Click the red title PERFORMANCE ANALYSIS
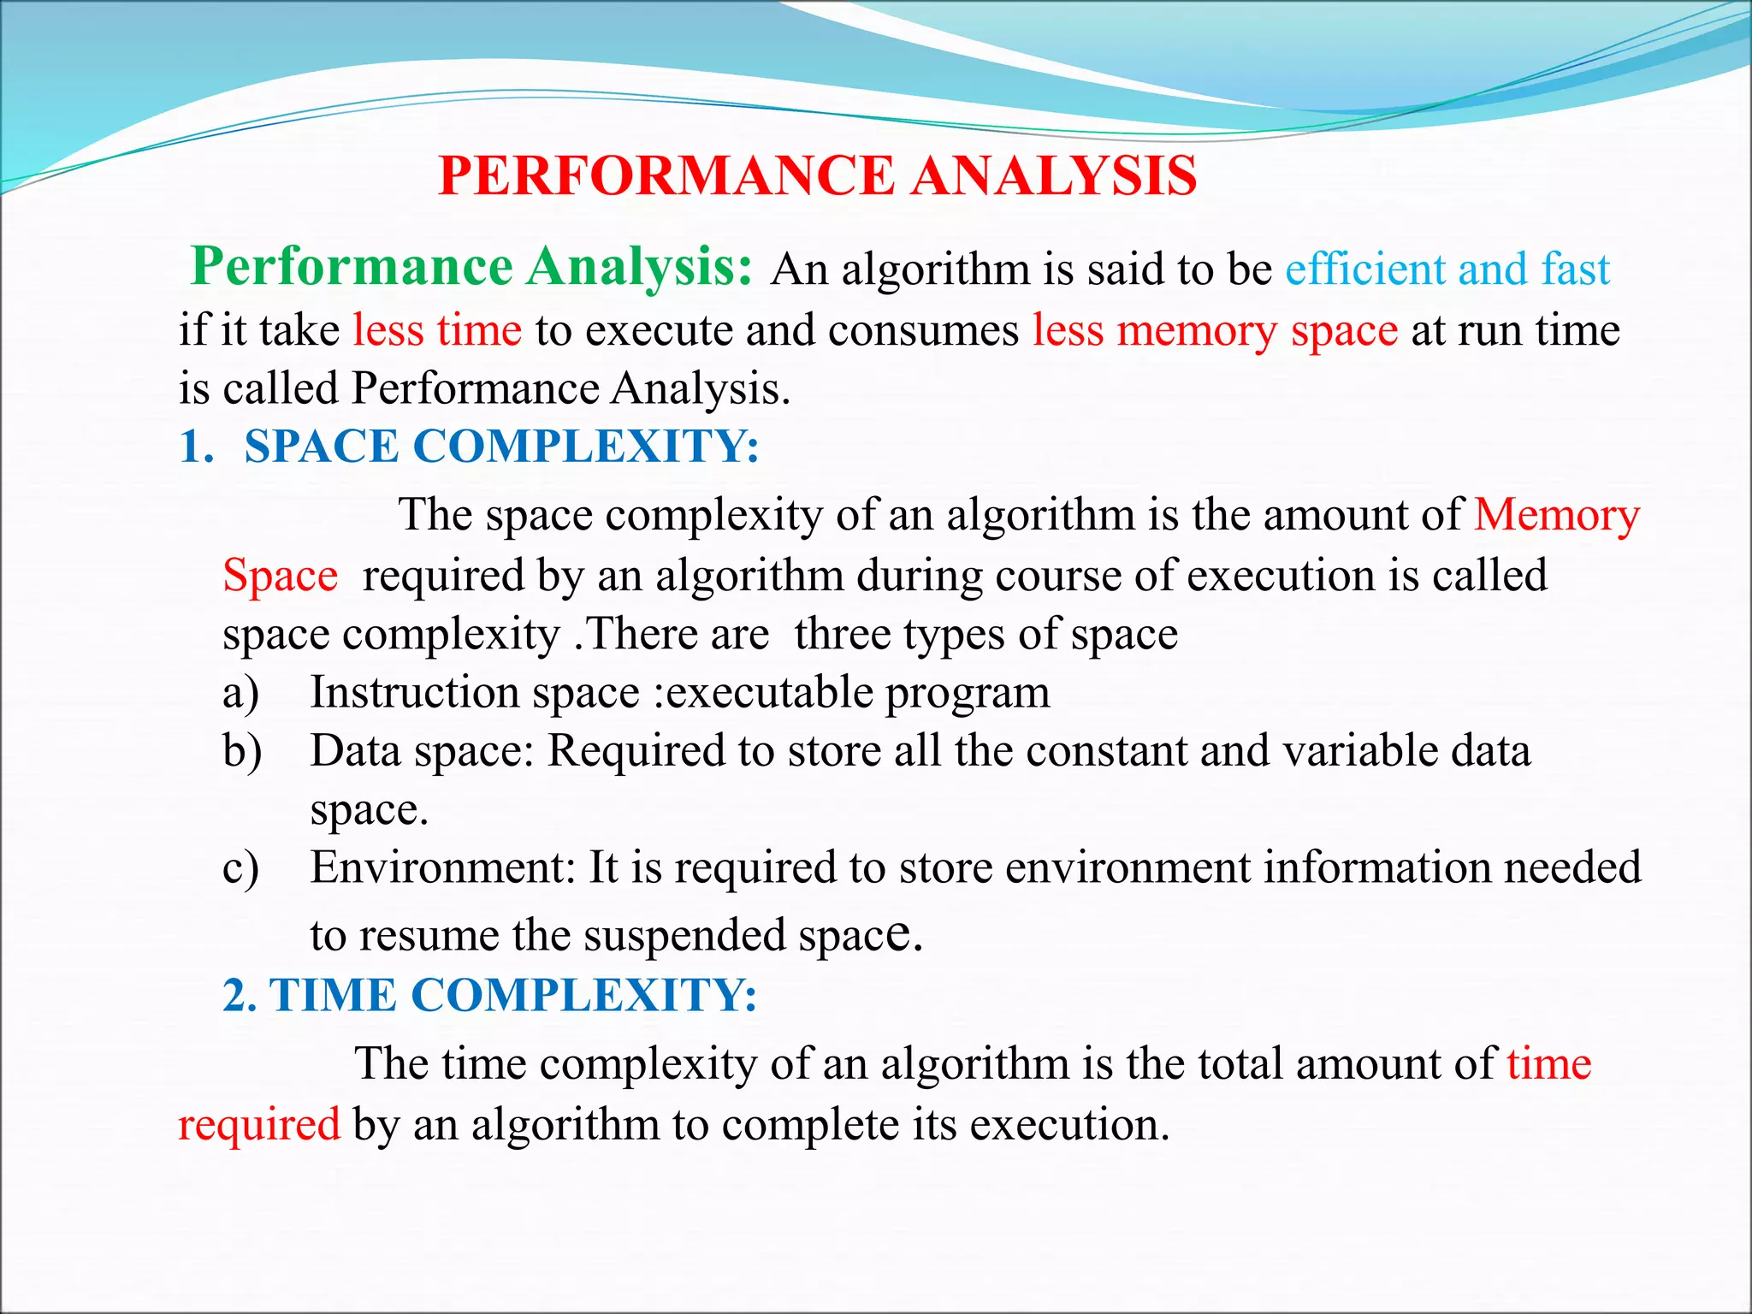[x=817, y=176]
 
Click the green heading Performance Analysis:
[x=471, y=267]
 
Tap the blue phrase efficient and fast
[x=1447, y=269]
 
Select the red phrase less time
[x=437, y=330]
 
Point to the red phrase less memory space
[x=1215, y=330]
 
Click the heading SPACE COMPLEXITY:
[x=501, y=447]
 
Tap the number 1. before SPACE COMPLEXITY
[x=196, y=447]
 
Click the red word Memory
[x=1556, y=516]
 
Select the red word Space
[x=280, y=576]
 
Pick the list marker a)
[x=240, y=693]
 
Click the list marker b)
[x=242, y=752]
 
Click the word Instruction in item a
[x=414, y=692]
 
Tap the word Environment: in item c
[x=443, y=867]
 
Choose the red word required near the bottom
[x=259, y=1124]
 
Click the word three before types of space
[x=842, y=635]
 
